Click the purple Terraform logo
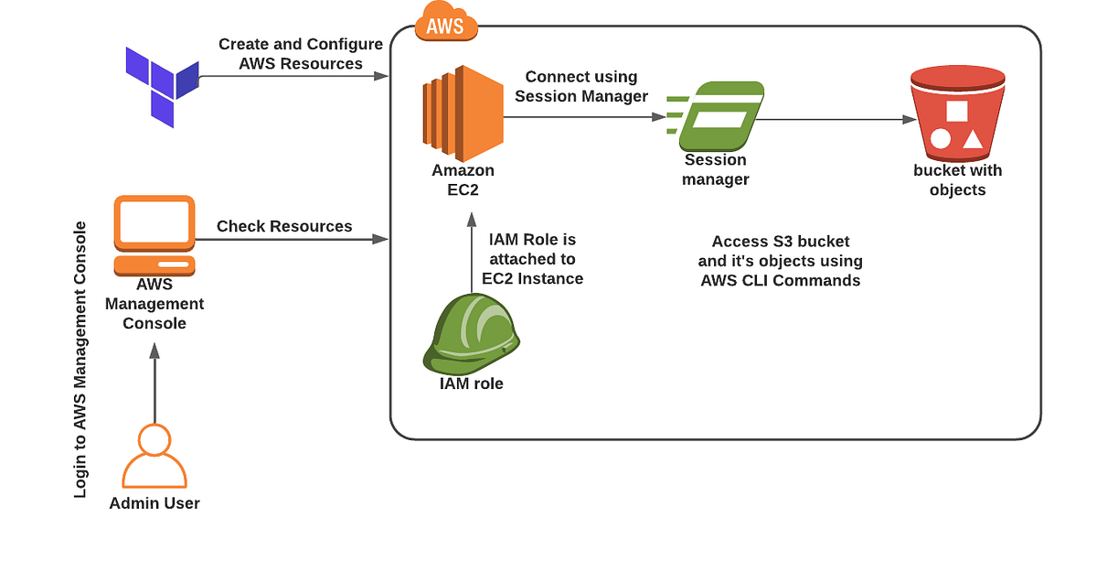(163, 87)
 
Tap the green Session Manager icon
(717, 116)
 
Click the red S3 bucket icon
(957, 113)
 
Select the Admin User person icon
(154, 457)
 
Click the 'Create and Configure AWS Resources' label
(301, 54)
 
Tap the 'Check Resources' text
(284, 226)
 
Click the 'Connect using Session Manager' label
(581, 86)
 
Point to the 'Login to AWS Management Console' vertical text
(81, 360)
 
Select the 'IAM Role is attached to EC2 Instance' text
(533, 259)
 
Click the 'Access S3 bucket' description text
(781, 261)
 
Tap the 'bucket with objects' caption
(957, 180)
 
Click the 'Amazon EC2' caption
(463, 179)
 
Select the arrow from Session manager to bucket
(836, 119)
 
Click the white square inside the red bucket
(957, 111)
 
